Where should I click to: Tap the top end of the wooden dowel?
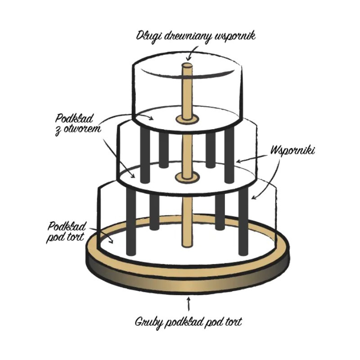point(187,66)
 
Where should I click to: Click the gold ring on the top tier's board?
point(187,119)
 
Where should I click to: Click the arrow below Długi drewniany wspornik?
point(189,54)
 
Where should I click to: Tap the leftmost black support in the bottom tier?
point(131,220)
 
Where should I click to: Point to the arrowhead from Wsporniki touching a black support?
point(237,160)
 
